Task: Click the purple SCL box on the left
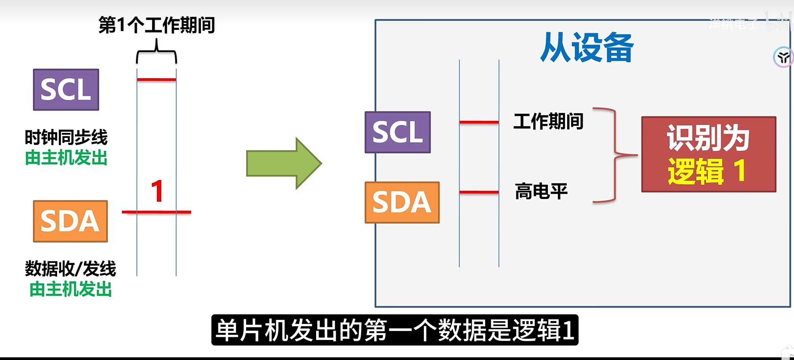tap(66, 90)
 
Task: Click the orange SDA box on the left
tap(70, 221)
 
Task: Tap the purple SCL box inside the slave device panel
tap(398, 132)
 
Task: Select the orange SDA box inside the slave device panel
tap(402, 203)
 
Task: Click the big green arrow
tap(284, 163)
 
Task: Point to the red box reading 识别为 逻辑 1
tap(708, 154)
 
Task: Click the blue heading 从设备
tap(587, 47)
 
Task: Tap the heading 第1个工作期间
tap(156, 25)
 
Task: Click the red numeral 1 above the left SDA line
tap(157, 191)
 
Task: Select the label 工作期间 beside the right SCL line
tap(548, 121)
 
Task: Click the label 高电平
tap(541, 191)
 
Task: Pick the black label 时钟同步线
tap(66, 137)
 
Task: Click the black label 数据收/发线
tap(70, 269)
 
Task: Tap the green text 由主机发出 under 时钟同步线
tap(66, 158)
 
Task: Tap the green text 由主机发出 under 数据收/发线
tap(70, 290)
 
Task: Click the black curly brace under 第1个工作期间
tap(156, 53)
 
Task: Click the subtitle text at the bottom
tap(395, 331)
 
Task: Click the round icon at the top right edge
tap(783, 57)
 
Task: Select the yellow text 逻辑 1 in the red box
tap(707, 171)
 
